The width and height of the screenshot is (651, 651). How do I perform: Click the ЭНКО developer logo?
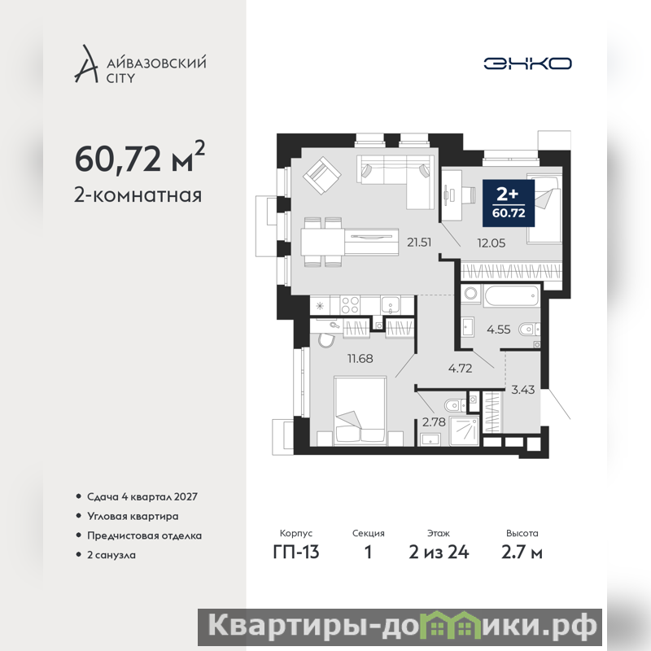527,63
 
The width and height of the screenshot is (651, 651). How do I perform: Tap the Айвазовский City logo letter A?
86,63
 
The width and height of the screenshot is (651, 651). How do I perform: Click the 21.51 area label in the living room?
419,242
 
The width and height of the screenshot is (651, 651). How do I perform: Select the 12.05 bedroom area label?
492,242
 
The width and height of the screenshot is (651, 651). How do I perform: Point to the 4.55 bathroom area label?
498,330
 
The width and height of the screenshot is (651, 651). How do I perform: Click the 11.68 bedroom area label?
360,358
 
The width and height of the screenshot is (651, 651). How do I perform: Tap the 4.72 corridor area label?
460,369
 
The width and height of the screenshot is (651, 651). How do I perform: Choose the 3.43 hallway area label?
522,390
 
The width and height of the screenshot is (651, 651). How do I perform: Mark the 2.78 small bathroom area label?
434,422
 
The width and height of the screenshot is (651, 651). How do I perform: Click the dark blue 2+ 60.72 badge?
508,203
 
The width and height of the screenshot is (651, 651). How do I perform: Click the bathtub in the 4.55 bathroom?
512,295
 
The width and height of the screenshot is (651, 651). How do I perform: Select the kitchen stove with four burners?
350,305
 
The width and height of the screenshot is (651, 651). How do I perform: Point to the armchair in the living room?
322,176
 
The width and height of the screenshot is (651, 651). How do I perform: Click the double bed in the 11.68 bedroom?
360,411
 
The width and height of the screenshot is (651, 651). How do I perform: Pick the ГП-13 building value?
296,553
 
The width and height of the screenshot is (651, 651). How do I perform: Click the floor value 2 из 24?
439,553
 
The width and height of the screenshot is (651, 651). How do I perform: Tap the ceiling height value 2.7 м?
522,553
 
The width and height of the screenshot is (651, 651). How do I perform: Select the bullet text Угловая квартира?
133,517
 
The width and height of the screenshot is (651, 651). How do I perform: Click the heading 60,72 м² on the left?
139,158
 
